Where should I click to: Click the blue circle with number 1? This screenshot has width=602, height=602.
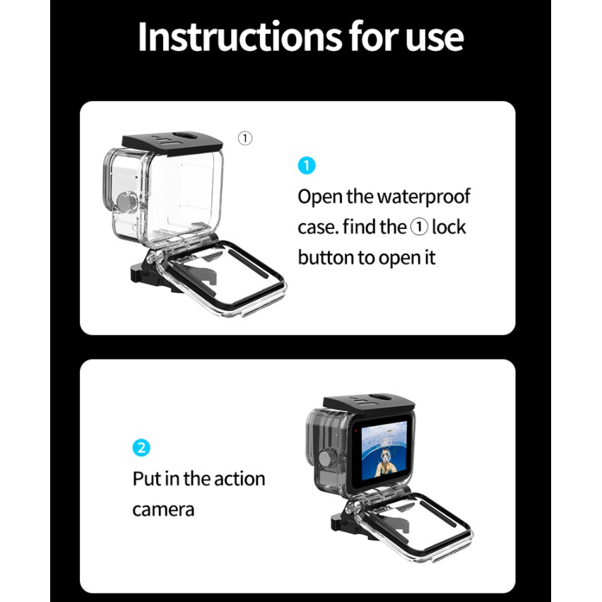point(307,165)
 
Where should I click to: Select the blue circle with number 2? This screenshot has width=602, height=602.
point(141,448)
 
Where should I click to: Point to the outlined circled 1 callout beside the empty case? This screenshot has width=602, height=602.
point(245,138)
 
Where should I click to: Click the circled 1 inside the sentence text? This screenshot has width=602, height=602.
point(419,227)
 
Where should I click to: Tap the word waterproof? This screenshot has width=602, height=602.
point(423,197)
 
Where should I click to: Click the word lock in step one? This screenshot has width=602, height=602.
point(449,227)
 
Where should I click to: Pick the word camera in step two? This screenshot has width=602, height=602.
point(163,510)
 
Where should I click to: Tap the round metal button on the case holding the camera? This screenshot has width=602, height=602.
point(326,457)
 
